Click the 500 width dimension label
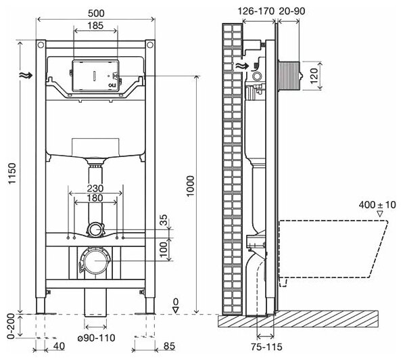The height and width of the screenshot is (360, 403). point(95,13)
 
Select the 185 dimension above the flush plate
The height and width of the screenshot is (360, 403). point(95,26)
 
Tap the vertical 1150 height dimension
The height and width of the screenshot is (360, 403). point(12,173)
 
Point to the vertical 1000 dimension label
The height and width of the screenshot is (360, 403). point(191,186)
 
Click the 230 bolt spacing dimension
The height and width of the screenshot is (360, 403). point(95,188)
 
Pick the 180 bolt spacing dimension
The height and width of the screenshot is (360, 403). point(95,198)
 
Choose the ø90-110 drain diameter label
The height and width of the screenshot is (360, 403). point(97,338)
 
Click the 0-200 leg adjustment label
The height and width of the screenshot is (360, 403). point(11,326)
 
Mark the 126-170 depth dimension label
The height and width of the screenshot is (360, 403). point(256,11)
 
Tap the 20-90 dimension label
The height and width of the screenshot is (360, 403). point(292,11)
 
